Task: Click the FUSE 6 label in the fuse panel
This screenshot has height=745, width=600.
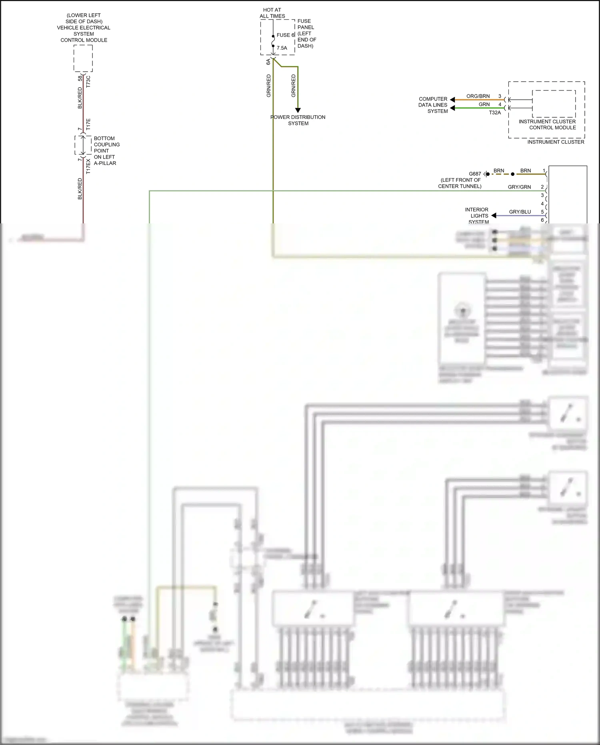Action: click(285, 35)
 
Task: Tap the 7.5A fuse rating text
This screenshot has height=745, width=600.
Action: click(282, 48)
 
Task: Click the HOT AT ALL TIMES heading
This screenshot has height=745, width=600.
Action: click(272, 13)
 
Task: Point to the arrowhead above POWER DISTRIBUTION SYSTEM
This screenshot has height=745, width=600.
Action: click(298, 110)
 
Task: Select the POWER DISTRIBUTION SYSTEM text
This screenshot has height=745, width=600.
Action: click(298, 120)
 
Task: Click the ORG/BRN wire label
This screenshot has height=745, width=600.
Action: click(478, 96)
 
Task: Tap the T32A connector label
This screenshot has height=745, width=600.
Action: click(495, 113)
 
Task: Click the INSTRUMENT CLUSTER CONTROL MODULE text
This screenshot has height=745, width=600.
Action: click(548, 125)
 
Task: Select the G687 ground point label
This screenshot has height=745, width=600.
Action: click(475, 174)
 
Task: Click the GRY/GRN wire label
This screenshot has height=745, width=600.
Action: click(519, 187)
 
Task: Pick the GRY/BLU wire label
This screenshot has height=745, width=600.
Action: click(520, 212)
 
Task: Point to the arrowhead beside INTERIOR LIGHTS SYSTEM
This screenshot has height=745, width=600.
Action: click(494, 215)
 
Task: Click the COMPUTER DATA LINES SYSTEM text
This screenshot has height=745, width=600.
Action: click(433, 105)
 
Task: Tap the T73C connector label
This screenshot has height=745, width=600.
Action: click(88, 81)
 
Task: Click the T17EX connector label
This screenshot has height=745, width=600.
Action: click(88, 166)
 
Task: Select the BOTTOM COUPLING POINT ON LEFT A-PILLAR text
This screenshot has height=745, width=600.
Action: click(105, 151)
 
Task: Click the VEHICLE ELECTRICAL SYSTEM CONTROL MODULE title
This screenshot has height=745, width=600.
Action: click(84, 28)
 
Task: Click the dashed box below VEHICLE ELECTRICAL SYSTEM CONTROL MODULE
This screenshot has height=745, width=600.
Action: click(83, 58)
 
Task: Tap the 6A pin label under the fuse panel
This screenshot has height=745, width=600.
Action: click(268, 62)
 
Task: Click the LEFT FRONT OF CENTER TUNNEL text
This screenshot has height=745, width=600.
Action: click(460, 183)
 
